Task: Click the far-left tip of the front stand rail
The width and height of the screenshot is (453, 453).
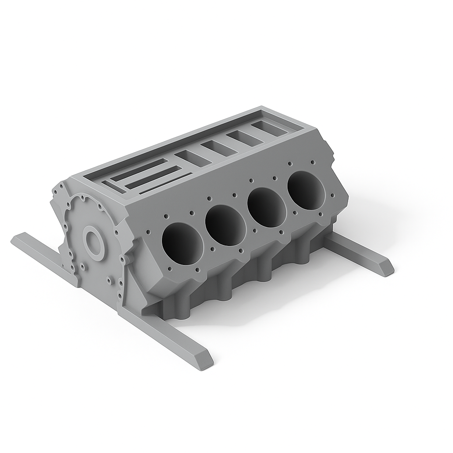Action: (14, 242)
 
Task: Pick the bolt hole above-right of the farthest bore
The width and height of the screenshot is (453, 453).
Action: (313, 162)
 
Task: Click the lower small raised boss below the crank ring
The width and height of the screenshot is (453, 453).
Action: (109, 279)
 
